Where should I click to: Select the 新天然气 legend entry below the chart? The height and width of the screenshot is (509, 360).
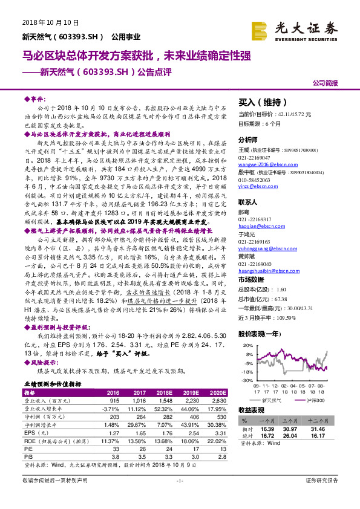point(270,400)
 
